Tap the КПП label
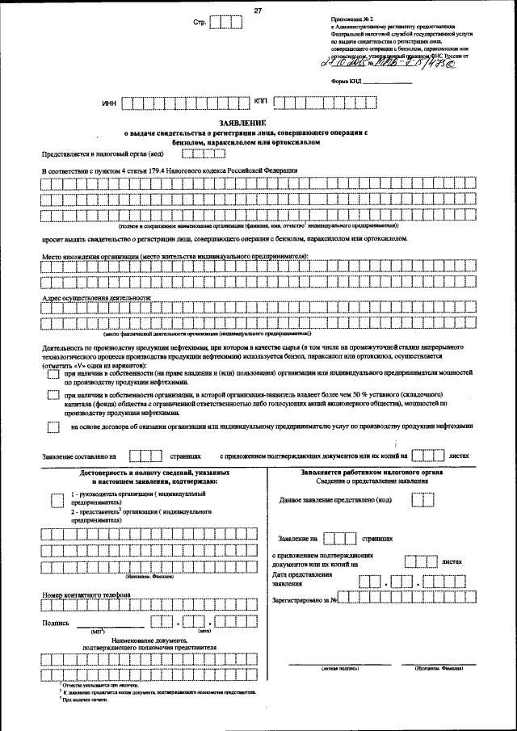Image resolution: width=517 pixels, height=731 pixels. [x=260, y=103]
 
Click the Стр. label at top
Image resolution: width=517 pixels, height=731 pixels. [x=200, y=23]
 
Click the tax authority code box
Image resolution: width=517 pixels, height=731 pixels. [x=199, y=154]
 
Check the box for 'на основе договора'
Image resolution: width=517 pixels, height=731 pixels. [x=53, y=427]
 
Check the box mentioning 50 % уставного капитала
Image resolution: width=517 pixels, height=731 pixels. [x=53, y=397]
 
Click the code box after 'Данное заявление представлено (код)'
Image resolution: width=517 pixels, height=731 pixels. [x=422, y=500]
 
